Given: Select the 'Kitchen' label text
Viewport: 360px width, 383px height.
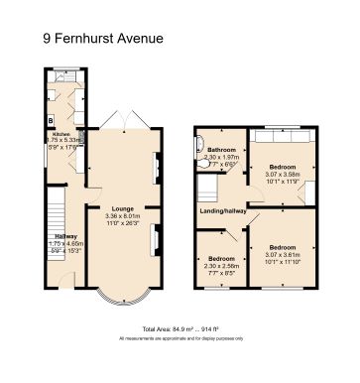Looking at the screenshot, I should pyautogui.click(x=61, y=133).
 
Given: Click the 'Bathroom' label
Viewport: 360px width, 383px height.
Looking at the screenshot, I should pyautogui.click(x=221, y=149).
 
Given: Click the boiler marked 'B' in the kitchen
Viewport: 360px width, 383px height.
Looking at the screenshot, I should pyautogui.click(x=50, y=123).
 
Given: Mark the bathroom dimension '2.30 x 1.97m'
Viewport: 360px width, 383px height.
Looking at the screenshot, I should pyautogui.click(x=221, y=157).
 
